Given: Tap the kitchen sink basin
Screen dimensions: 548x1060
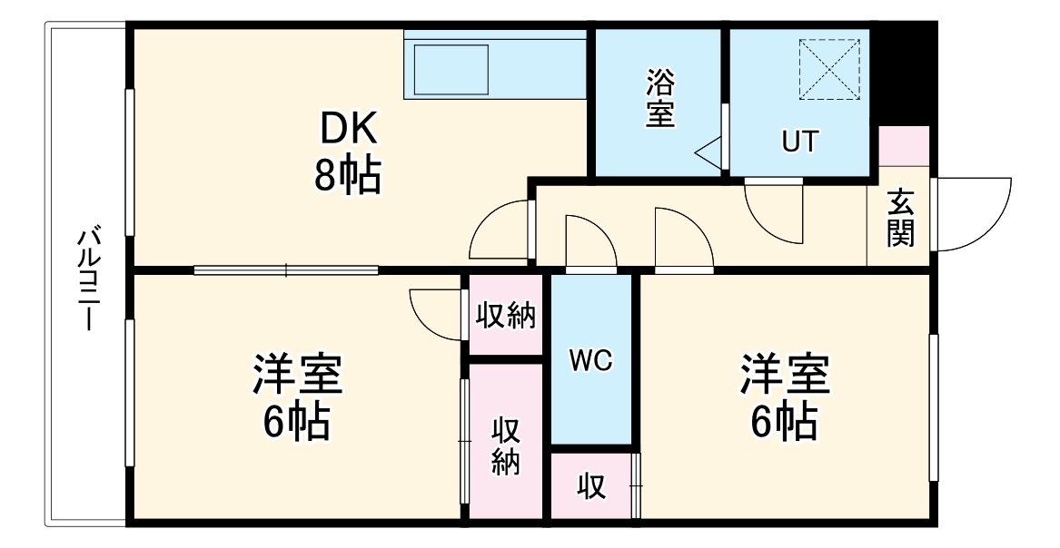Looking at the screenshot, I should click(x=451, y=71).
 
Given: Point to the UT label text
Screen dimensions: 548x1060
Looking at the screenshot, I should click(x=800, y=142).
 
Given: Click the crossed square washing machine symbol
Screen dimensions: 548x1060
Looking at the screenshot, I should click(x=828, y=69).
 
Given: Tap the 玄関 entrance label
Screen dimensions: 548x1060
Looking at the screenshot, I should click(x=900, y=218).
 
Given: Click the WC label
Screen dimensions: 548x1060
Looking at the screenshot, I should click(x=591, y=361).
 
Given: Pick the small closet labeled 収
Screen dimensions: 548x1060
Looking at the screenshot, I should click(x=591, y=487).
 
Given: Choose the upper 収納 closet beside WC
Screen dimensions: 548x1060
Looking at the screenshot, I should click(x=506, y=316).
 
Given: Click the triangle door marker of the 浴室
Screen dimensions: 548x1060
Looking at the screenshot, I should click(x=708, y=151).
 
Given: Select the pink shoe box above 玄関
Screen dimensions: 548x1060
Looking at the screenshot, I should click(x=905, y=146).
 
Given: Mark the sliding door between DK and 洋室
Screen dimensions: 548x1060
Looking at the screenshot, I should click(x=286, y=269).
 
